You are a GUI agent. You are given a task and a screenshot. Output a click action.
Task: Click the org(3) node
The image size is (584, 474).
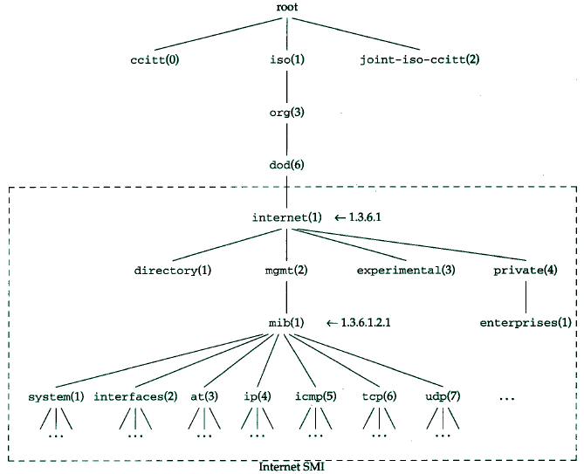[286, 113]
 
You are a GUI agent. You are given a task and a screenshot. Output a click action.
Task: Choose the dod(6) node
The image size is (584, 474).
[286, 165]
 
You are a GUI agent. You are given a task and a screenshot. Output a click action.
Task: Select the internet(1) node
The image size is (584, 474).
[286, 216]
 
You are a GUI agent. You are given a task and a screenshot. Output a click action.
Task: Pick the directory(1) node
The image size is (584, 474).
[173, 270]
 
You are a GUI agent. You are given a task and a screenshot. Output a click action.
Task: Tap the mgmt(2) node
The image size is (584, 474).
[286, 270]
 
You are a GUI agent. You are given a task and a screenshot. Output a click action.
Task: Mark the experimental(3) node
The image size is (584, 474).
[406, 270]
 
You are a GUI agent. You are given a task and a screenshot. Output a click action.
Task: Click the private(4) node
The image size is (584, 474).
[525, 270]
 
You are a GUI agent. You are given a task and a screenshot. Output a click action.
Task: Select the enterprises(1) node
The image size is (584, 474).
[526, 322]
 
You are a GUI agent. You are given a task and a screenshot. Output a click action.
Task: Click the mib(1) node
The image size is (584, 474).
[286, 322]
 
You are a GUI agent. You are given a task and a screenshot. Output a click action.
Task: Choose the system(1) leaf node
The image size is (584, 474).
[56, 396]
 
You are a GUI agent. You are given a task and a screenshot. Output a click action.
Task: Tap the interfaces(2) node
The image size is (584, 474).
[135, 396]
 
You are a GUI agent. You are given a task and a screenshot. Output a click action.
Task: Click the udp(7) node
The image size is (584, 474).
[443, 396]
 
